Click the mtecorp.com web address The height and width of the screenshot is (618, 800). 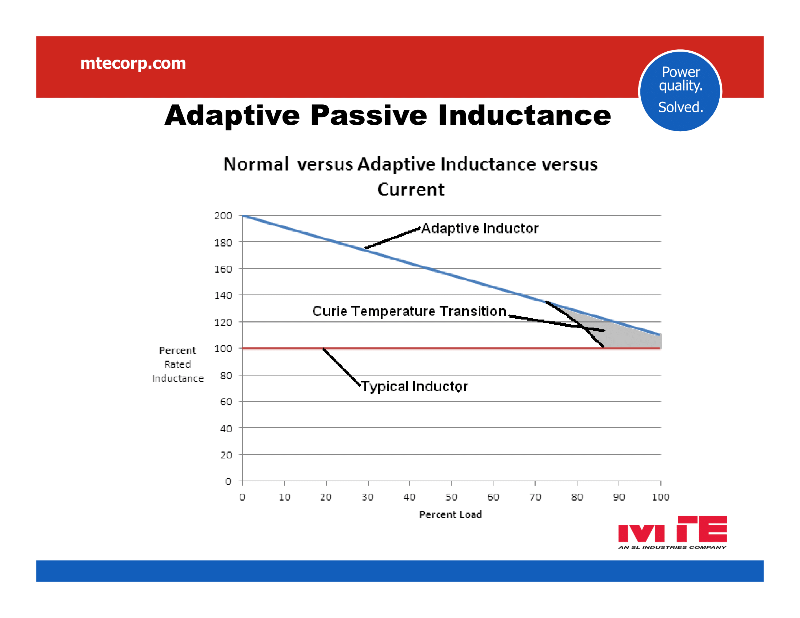(133, 63)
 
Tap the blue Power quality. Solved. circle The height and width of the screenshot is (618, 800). (680, 91)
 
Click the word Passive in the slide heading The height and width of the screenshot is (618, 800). (368, 115)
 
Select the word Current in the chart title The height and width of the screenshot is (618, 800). (411, 190)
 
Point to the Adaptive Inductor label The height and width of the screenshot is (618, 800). (480, 228)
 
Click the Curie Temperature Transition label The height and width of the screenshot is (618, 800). (409, 311)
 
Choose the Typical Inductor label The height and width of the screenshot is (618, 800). (414, 386)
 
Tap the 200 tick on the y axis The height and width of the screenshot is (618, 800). (223, 216)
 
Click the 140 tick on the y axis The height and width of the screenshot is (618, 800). (223, 295)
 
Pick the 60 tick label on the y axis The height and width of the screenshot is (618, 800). (226, 402)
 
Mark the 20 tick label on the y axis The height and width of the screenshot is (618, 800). (226, 455)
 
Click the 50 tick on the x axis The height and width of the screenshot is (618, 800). (451, 497)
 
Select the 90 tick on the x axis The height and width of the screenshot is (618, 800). (619, 497)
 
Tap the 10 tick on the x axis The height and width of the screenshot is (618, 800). (284, 497)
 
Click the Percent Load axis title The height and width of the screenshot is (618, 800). (450, 514)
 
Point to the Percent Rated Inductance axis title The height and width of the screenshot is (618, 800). (178, 364)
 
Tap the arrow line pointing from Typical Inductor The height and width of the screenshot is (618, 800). (341, 367)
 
